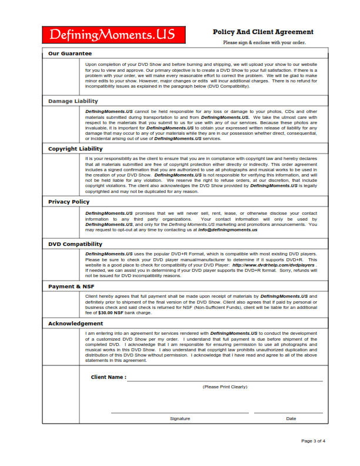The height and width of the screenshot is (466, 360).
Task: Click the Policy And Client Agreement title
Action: pos(263,32)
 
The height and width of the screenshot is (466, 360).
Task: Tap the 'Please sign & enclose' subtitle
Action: pos(264,42)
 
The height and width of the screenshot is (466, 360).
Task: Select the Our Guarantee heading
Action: pos(70,54)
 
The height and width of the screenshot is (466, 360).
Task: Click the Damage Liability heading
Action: pos(73,101)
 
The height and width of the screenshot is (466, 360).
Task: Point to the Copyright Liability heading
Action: pos(75,149)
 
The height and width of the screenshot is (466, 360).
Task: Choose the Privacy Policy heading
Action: pos(69,202)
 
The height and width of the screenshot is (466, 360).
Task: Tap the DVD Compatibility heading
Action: pos(75,244)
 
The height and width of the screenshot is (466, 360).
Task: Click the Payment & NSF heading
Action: pos(71,286)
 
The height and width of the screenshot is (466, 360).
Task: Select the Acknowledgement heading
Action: pos(75,324)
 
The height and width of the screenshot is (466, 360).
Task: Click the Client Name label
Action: pos(108,377)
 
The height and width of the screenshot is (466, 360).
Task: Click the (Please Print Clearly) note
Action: pos(225,387)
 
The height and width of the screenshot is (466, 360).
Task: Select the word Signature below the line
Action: pos(180,418)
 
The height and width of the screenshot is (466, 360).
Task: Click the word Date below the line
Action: pos(291,418)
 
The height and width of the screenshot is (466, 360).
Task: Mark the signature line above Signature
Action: pos(180,413)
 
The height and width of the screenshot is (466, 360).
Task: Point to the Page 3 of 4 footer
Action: pos(313,441)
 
